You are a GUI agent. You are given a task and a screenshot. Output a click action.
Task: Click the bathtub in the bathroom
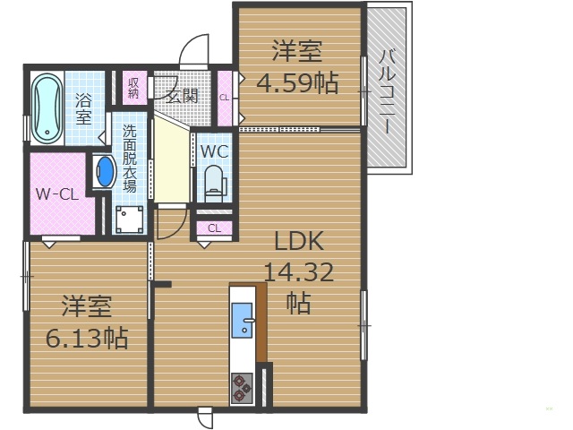point(44,109)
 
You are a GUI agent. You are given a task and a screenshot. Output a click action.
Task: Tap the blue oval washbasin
point(106,172)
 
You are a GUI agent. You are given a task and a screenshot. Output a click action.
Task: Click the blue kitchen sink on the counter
point(243,321)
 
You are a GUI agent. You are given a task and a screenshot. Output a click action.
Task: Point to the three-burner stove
point(242,388)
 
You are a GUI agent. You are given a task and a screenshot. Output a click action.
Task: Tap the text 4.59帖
point(297,84)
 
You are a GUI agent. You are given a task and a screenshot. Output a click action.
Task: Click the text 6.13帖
point(86,338)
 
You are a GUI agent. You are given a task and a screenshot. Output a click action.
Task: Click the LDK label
point(298,242)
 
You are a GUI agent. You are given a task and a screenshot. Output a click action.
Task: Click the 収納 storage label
point(133,88)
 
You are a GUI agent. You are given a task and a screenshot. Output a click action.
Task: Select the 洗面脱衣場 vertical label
point(130,158)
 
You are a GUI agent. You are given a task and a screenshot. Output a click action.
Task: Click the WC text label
point(214,151)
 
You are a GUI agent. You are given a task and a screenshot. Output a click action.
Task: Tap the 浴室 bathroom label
point(83,107)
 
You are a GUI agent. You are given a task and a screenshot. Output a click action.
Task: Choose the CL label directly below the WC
point(214,228)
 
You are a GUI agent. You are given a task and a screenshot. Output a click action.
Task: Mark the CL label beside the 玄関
point(225,98)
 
